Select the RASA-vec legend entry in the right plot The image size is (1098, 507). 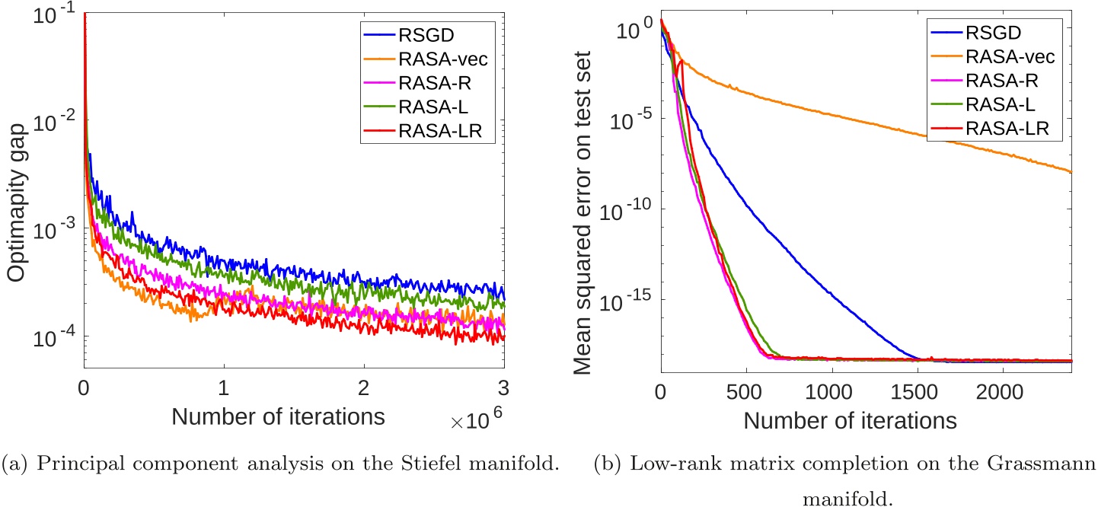[1003, 56]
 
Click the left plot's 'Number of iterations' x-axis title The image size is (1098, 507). [277, 417]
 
